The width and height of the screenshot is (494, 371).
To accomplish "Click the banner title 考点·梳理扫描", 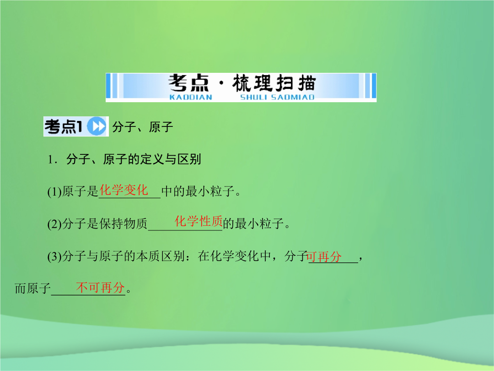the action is [x=242, y=83].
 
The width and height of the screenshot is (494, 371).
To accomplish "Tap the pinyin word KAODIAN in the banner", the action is [x=191, y=97].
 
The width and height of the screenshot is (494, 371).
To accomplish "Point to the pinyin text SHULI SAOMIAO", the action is [x=277, y=97].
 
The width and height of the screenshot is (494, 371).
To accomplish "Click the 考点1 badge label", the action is [x=64, y=126].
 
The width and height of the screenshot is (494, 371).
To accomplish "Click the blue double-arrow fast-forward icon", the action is [x=97, y=126].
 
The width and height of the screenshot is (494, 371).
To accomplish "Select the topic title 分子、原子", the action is [x=143, y=127].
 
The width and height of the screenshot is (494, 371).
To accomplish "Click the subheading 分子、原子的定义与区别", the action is [x=134, y=159].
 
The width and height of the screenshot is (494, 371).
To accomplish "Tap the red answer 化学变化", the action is [x=124, y=190].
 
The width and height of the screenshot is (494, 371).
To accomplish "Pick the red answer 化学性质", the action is [x=199, y=221].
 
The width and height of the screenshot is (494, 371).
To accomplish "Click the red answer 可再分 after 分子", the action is [x=324, y=256].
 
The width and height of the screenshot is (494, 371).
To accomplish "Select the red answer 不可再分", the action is [x=101, y=287].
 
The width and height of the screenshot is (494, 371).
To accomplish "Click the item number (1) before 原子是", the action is [x=54, y=191].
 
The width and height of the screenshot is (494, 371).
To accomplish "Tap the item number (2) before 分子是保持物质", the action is [x=54, y=224].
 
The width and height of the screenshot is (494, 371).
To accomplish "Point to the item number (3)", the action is [x=54, y=256].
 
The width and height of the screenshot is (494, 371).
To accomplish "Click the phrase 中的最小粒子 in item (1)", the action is [x=198, y=191].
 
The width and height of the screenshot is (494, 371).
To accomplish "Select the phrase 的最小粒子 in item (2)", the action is [x=253, y=224].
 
